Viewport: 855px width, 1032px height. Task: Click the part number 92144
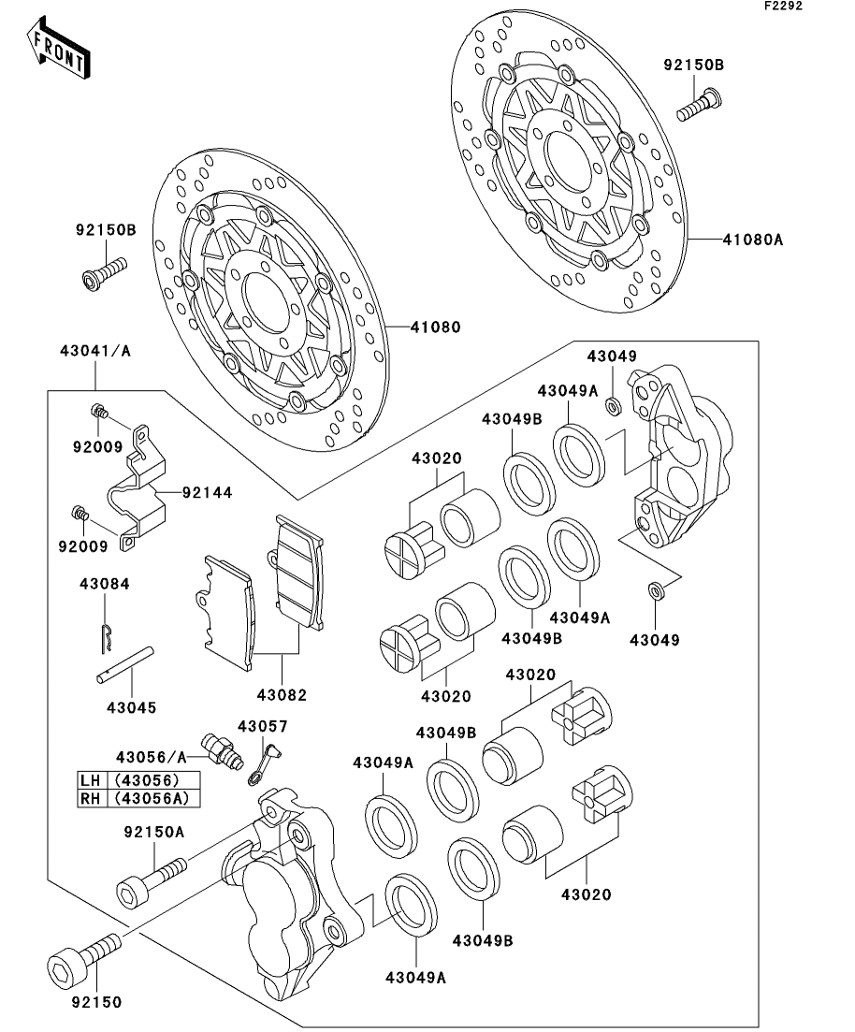click(207, 489)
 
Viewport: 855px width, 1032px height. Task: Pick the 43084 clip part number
click(104, 583)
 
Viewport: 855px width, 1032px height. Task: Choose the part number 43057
click(262, 726)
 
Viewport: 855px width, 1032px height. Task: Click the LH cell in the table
click(91, 780)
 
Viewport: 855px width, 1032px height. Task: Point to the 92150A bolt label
click(153, 831)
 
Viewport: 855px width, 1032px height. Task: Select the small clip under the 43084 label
click(107, 633)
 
